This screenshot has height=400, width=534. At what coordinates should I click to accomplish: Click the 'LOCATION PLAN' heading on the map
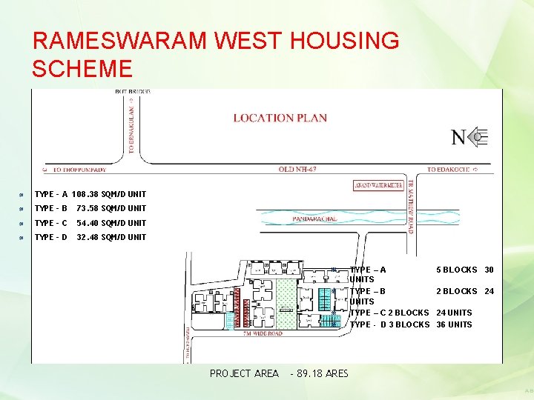point(280,118)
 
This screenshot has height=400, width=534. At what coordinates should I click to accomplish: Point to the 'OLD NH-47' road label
point(297,170)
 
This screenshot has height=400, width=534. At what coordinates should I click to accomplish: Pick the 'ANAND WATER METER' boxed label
point(378,185)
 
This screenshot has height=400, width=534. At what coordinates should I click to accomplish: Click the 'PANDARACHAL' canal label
point(314,219)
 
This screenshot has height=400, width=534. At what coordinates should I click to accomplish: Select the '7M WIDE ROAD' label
point(263,333)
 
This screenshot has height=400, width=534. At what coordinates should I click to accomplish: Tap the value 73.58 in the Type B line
point(89,208)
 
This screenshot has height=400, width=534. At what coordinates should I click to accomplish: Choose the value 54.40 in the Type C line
point(89,223)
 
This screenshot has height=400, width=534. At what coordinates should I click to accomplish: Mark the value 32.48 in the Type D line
point(89,237)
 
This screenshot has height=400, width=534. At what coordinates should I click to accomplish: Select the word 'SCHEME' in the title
point(82,69)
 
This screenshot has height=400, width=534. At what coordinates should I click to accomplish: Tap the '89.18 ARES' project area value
point(322,373)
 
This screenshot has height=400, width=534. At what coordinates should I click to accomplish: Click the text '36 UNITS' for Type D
point(454,324)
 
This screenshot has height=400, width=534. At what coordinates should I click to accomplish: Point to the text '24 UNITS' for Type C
point(454,313)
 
